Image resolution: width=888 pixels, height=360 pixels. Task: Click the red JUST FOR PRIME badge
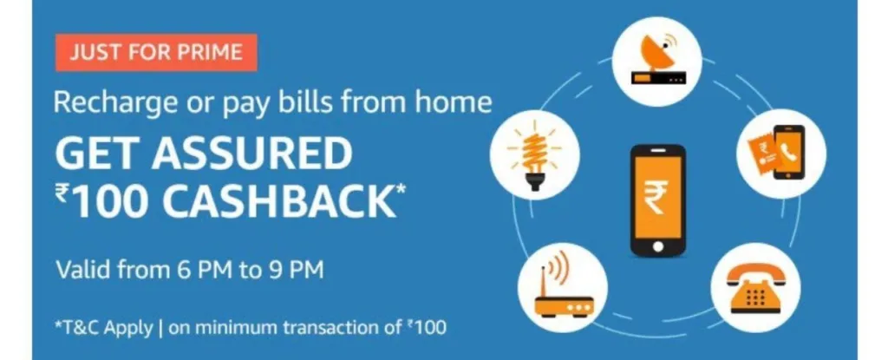pyautogui.click(x=156, y=53)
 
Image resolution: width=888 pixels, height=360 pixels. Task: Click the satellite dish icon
pyautogui.click(x=657, y=62)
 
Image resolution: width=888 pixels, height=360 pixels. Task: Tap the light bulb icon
pyautogui.click(x=534, y=155)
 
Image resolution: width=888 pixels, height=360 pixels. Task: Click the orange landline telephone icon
pyautogui.click(x=754, y=289)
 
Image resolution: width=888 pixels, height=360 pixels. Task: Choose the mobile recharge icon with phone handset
pyautogui.click(x=780, y=153)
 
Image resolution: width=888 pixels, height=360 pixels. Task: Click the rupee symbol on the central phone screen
pyautogui.click(x=657, y=197)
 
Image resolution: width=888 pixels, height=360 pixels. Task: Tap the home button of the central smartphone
pyautogui.click(x=657, y=246)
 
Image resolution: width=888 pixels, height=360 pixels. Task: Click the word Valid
pyautogui.click(x=84, y=269)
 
